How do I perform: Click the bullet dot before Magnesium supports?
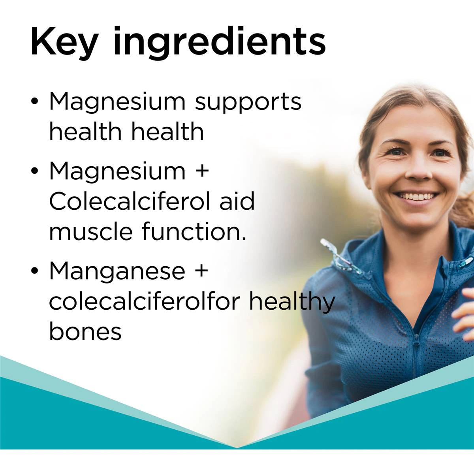35,102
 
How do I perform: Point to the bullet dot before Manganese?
35,270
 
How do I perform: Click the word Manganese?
117,270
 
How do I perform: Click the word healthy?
292,303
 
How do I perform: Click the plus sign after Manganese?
201,271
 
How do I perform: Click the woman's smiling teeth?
416,196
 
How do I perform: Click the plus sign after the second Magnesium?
201,171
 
